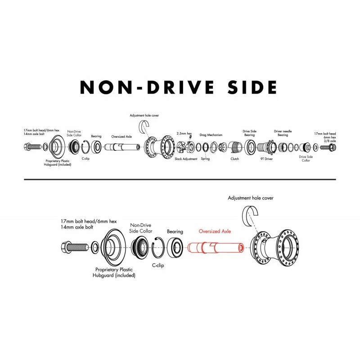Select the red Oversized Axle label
coord(215,231)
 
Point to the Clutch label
coord(234,159)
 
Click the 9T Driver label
coord(266,159)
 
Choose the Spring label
coord(205,159)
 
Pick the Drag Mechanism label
coord(211,135)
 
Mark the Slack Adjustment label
coord(186,159)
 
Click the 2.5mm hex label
coord(184,133)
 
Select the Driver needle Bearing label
coord(283,133)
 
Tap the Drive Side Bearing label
coord(250,133)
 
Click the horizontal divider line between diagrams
coord(180,180)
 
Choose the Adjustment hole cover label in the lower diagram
coord(251,198)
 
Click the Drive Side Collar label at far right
coord(306,159)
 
